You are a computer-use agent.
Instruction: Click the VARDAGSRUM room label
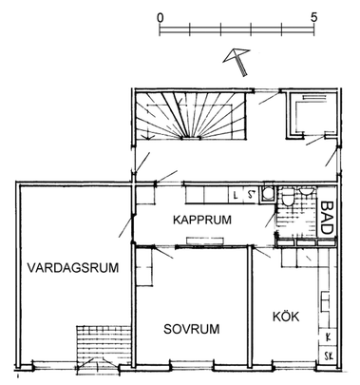pyautogui.click(x=72, y=267)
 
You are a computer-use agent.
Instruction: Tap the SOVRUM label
pyautogui.click(x=191, y=329)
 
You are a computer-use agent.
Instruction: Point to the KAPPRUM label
pyautogui.click(x=202, y=220)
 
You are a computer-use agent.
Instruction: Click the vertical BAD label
pyautogui.click(x=327, y=219)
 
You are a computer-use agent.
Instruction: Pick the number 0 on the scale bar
pyautogui.click(x=161, y=18)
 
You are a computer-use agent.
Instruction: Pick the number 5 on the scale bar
pyautogui.click(x=313, y=18)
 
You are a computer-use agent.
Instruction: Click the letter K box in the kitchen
pyautogui.click(x=327, y=337)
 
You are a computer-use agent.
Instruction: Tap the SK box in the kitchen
pyautogui.click(x=327, y=356)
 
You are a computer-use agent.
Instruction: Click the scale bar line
pyautogui.click(x=237, y=33)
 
